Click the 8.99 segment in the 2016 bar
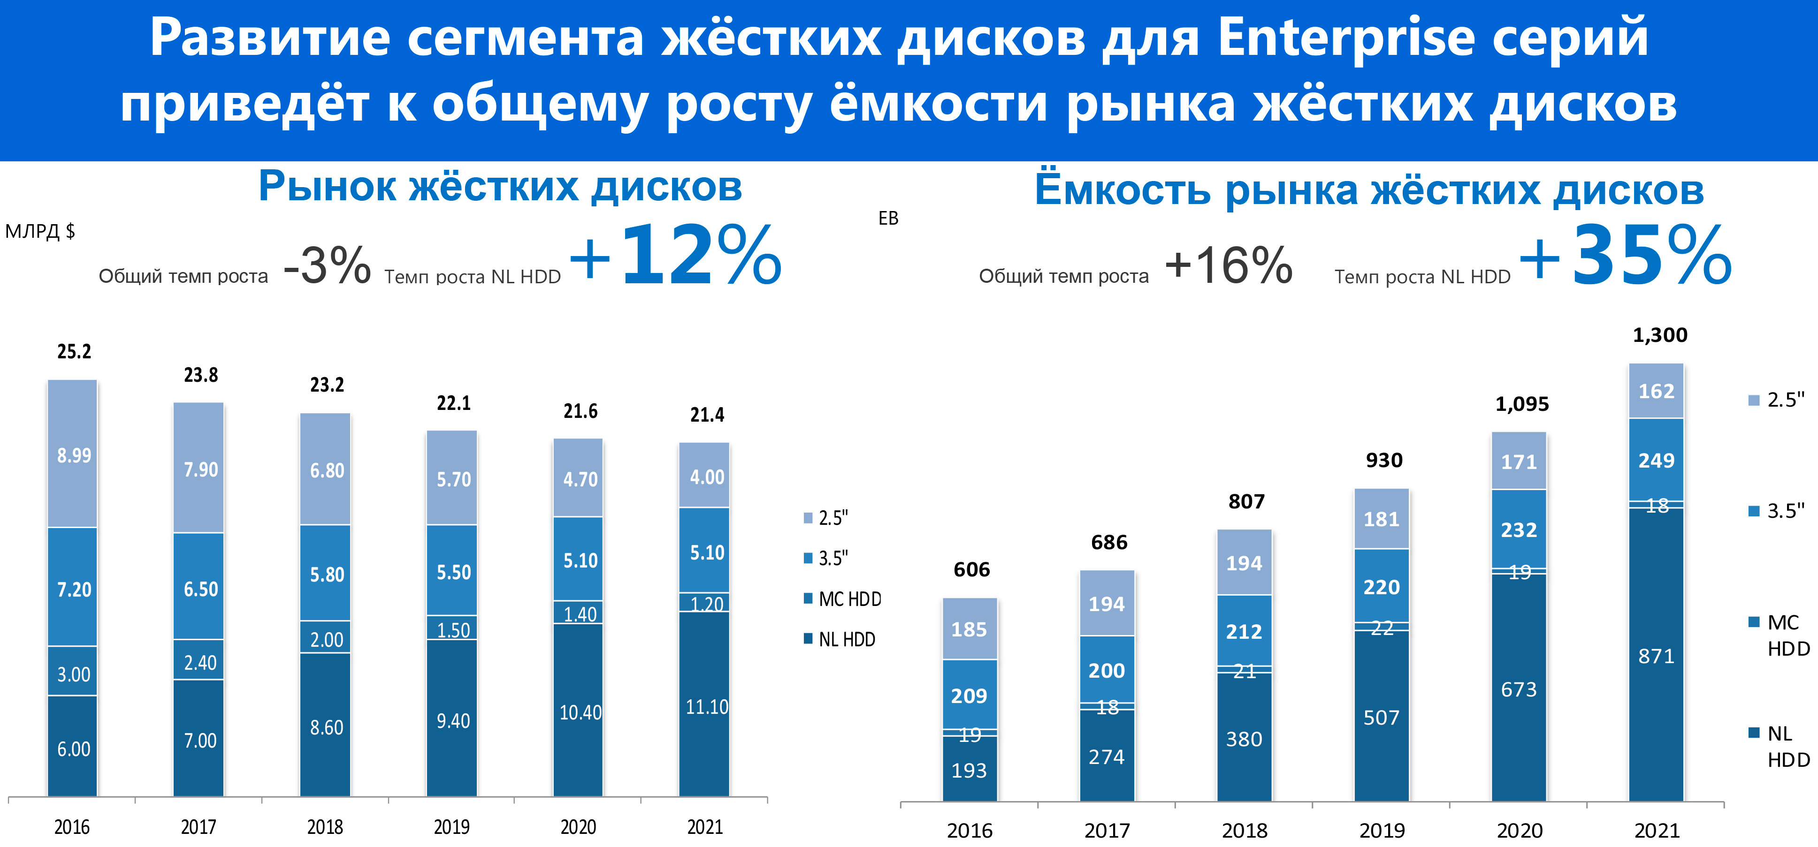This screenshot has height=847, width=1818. (73, 455)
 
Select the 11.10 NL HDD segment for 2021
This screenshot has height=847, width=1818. (706, 706)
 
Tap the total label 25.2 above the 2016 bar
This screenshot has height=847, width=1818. (74, 351)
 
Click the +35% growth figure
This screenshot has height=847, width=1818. (1625, 255)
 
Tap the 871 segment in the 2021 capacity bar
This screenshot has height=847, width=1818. (1656, 656)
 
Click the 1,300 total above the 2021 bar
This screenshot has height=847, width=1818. (1660, 335)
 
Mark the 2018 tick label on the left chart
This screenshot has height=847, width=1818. (325, 826)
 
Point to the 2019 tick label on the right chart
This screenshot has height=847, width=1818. (1382, 830)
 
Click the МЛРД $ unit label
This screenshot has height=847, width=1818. (40, 231)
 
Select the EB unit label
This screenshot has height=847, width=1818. (888, 219)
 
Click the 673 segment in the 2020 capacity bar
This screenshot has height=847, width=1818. (1519, 689)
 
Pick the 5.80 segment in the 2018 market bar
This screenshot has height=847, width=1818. (327, 574)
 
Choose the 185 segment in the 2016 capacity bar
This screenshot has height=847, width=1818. (969, 629)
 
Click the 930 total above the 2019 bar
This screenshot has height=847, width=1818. (1384, 460)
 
